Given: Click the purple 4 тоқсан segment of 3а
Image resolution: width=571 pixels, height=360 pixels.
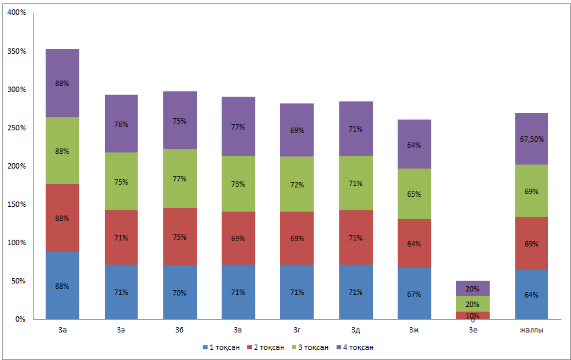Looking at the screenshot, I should tap(62, 83).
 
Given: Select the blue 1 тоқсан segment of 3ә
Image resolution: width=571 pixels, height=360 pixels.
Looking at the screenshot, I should tap(121, 291).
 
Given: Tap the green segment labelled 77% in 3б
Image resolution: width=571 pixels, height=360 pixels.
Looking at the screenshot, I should tap(180, 179).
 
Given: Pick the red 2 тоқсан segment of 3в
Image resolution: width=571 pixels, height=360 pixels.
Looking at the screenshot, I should tap(238, 238).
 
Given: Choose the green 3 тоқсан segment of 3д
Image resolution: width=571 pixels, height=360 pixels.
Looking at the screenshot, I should tap(356, 183).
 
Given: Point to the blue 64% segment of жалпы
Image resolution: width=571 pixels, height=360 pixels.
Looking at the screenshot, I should tap(532, 294).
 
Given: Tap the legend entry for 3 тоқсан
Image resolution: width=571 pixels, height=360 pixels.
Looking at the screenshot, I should tap(310, 347).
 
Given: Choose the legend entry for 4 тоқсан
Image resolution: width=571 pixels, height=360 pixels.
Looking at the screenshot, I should tap(354, 347).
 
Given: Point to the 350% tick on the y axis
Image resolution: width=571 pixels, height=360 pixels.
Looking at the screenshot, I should tap(17, 51).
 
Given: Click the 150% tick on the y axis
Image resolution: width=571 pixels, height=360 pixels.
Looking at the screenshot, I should tap(17, 204).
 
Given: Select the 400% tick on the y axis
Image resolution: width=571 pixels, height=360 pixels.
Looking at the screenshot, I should tap(17, 13).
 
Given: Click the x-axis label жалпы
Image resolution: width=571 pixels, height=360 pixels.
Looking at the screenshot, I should tap(532, 330).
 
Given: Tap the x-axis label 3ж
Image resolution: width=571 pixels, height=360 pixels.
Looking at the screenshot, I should tap(414, 330).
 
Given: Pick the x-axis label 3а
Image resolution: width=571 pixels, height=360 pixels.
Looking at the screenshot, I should tap(62, 330).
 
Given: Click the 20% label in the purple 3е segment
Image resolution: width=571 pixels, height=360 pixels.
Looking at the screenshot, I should tap(473, 289).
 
